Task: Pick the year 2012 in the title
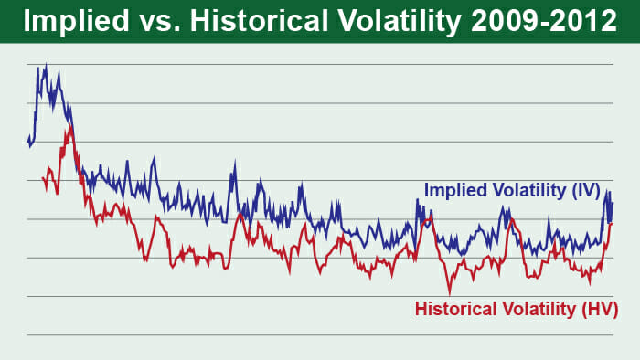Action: point(582,22)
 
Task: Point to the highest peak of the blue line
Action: point(46,65)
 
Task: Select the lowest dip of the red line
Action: point(449,291)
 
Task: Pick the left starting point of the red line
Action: point(42,179)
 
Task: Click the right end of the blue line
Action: point(612,203)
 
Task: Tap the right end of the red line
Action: point(611,223)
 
